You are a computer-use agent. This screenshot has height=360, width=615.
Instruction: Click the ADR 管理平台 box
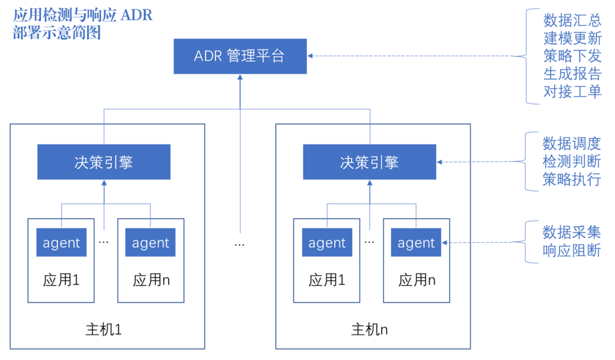[240, 56]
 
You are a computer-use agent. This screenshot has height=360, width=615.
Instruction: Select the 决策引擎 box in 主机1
[104, 162]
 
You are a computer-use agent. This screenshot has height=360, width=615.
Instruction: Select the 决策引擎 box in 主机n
[370, 162]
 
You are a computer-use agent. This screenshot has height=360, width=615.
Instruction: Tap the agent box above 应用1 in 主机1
[62, 242]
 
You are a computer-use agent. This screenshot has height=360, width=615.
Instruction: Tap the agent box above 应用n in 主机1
[150, 242]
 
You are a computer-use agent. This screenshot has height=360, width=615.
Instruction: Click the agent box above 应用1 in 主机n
[327, 242]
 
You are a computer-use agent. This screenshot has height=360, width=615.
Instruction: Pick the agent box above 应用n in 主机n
[416, 242]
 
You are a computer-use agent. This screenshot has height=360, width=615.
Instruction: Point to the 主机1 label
[103, 329]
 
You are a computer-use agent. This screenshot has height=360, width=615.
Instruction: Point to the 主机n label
[370, 329]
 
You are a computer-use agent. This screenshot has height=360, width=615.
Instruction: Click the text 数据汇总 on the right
[572, 21]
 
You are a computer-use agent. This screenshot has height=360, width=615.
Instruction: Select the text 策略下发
[572, 56]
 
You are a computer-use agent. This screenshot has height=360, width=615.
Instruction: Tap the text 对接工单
[572, 92]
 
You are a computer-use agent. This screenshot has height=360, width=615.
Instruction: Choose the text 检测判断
[572, 161]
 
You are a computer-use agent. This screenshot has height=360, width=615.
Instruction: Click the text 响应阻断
[572, 251]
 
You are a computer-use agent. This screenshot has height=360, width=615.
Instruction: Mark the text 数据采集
[572, 233]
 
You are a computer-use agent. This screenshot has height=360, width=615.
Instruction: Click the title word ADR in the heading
[137, 15]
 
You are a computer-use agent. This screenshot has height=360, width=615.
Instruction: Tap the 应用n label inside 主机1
[151, 280]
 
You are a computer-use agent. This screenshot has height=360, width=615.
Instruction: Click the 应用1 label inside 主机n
[327, 280]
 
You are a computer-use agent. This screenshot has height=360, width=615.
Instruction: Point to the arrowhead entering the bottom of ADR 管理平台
[240, 77]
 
